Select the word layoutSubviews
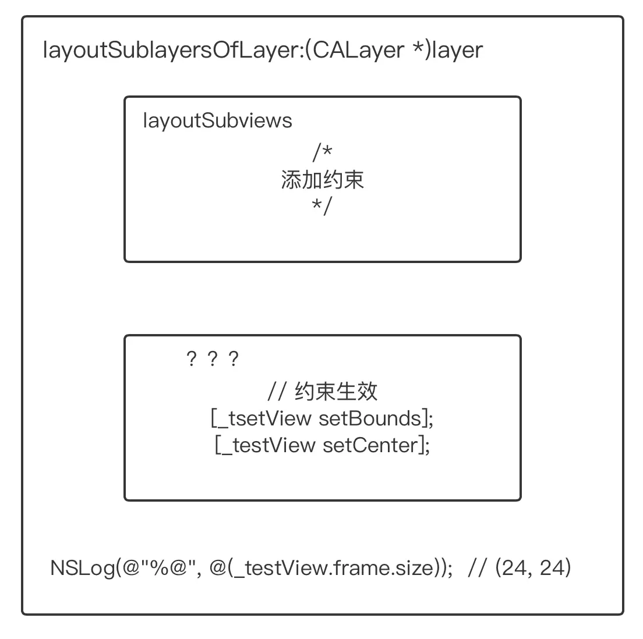click(x=217, y=120)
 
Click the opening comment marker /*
click(x=322, y=152)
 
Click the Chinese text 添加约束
click(x=322, y=180)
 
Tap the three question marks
click(x=212, y=359)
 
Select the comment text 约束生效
click(x=336, y=391)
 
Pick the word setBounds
click(x=369, y=418)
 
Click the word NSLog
click(x=83, y=567)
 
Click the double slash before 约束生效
click(x=277, y=391)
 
